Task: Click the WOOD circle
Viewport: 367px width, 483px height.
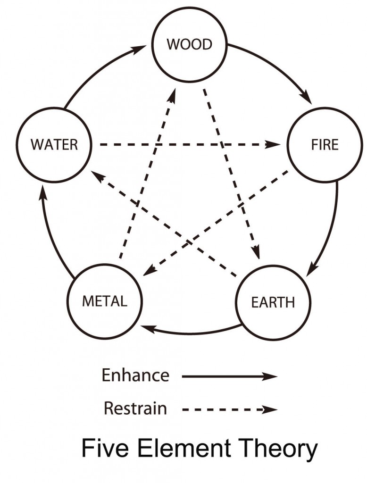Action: (x=189, y=45)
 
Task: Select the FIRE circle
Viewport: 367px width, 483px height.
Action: (x=325, y=144)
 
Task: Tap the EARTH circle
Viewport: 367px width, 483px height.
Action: (x=273, y=302)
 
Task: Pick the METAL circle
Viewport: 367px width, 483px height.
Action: (x=104, y=301)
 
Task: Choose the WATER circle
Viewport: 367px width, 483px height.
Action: (x=54, y=144)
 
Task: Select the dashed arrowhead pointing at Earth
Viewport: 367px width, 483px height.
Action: (x=256, y=253)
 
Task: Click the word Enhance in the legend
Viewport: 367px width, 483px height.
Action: (x=135, y=375)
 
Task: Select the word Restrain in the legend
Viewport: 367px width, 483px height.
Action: (x=135, y=408)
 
